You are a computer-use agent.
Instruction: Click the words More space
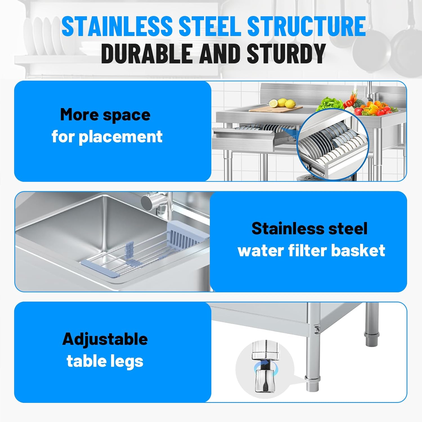coord(105,115)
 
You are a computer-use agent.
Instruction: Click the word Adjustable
coord(105,339)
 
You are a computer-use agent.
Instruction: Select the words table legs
coord(105,361)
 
